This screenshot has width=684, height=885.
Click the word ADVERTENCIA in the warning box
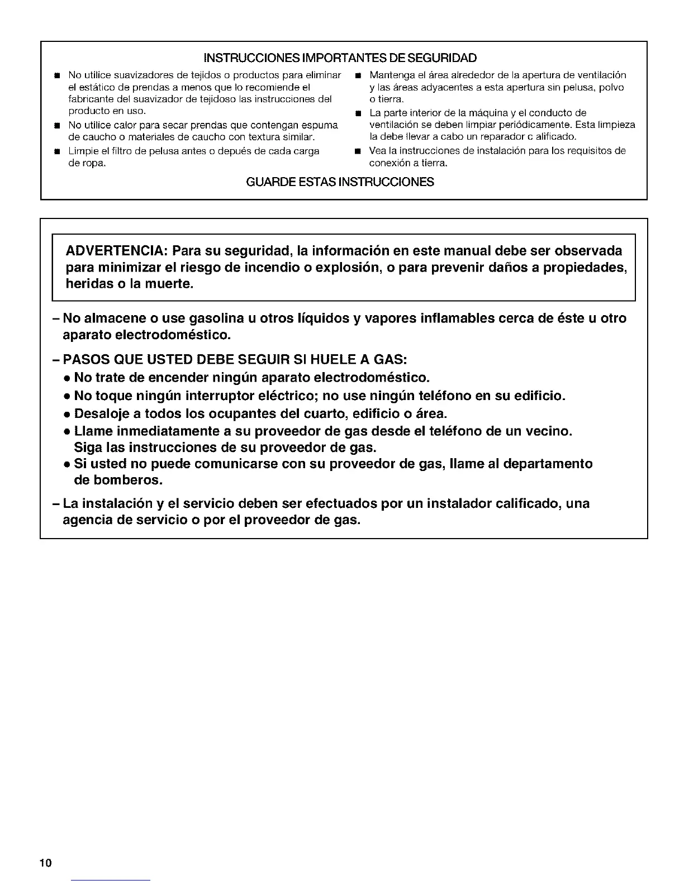point(115,250)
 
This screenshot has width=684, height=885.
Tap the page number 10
point(45,863)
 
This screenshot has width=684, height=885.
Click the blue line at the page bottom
point(111,880)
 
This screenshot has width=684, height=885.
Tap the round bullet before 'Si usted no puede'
point(66,464)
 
